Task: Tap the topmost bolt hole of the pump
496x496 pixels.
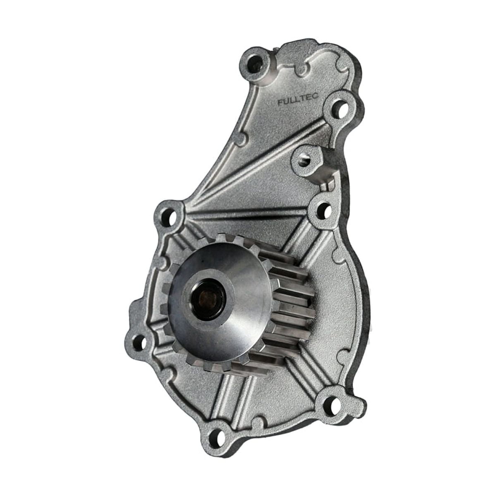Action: pyautogui.click(x=256, y=63)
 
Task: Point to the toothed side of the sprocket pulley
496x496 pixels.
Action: pyautogui.click(x=289, y=306)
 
